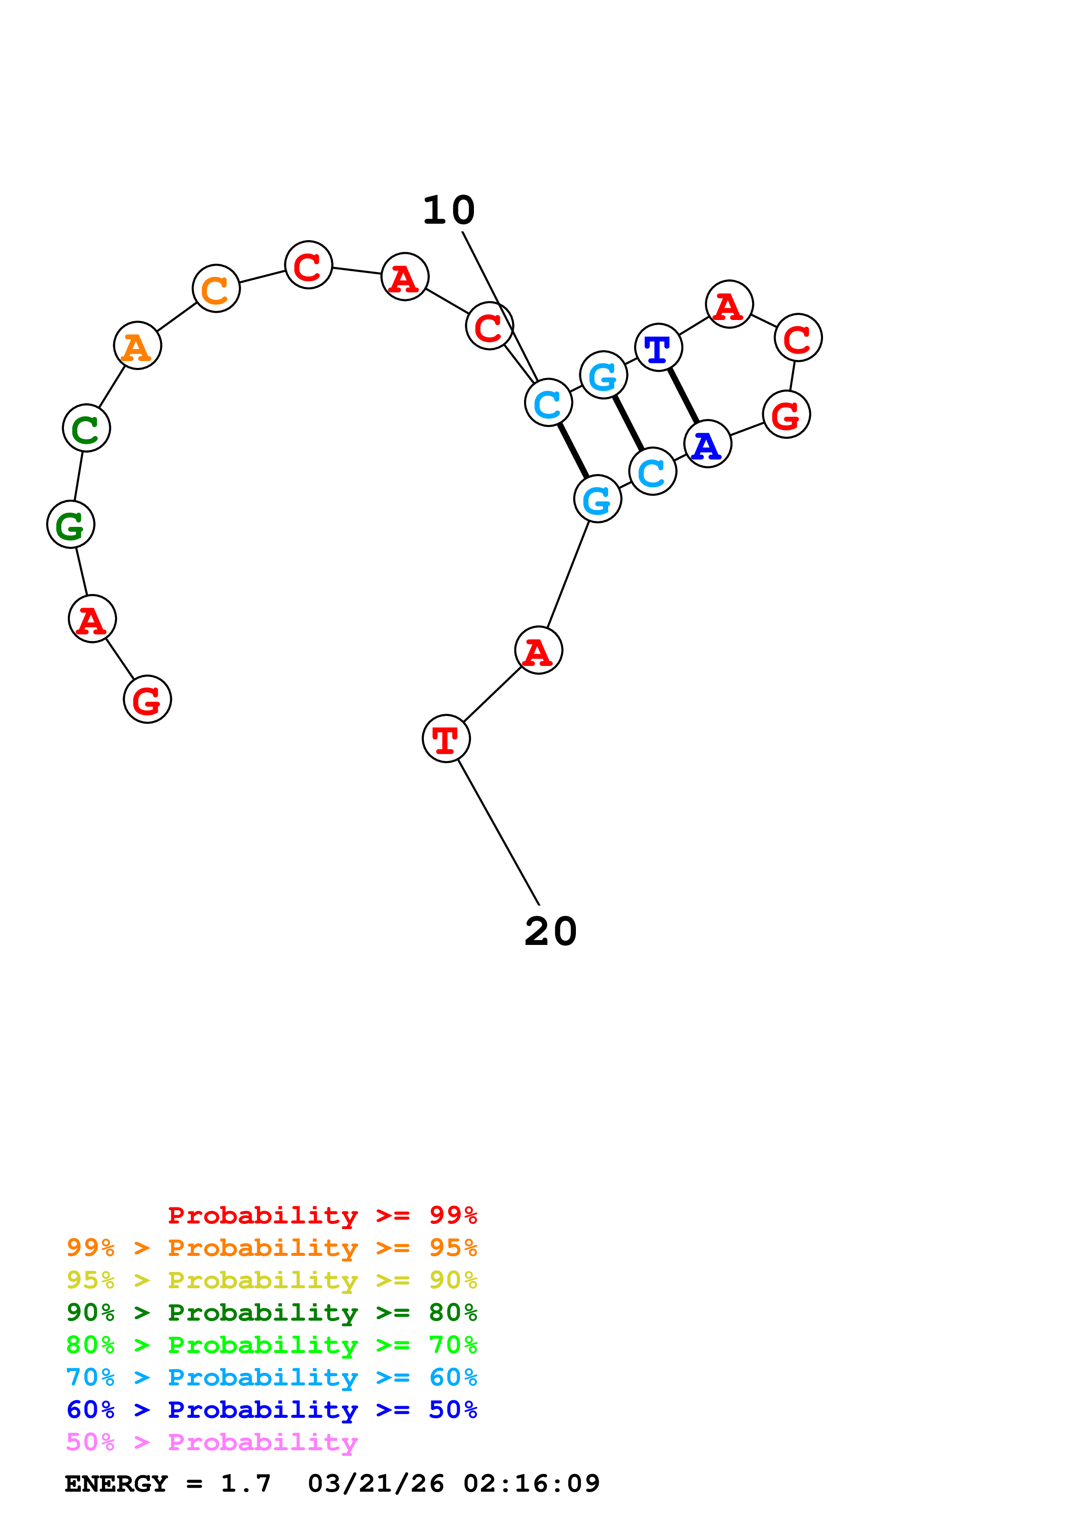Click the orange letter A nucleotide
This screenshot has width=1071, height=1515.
(x=137, y=346)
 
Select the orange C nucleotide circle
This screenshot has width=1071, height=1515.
(x=216, y=288)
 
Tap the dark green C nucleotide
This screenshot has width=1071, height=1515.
(x=86, y=428)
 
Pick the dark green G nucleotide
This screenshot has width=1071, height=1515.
(x=70, y=525)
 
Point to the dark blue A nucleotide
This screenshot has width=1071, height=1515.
(x=707, y=444)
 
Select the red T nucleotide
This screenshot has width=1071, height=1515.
(x=446, y=738)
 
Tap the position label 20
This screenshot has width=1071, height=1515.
(x=550, y=932)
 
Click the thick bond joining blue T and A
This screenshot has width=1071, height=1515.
(x=683, y=396)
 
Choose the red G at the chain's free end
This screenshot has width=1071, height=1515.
(x=147, y=700)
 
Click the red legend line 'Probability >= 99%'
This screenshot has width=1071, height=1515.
(x=322, y=1215)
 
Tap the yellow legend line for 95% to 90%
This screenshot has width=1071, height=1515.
(x=271, y=1280)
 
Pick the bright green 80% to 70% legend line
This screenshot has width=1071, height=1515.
(x=271, y=1345)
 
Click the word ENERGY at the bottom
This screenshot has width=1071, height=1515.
(x=116, y=1483)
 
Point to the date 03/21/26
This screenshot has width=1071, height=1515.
(x=375, y=1483)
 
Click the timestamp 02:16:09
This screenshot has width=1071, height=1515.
(x=531, y=1483)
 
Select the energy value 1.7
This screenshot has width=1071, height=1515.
(x=245, y=1483)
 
